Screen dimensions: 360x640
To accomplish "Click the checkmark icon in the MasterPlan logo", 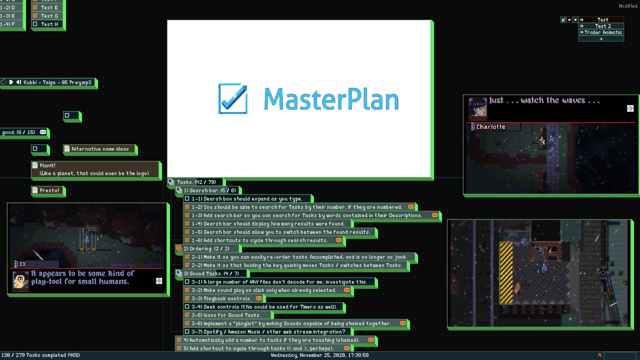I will [233, 99].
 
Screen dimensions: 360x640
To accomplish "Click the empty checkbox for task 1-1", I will [187, 199].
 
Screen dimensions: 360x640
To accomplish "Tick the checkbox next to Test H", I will [35, 24].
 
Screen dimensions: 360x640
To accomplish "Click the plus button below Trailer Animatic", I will [601, 39].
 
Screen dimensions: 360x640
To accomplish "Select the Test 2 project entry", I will [603, 26].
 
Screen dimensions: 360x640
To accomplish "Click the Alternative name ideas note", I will [100, 149].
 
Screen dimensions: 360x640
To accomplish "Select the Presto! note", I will [49, 190].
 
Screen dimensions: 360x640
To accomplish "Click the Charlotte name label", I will [491, 127].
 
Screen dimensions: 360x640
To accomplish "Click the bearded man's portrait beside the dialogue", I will [21, 280].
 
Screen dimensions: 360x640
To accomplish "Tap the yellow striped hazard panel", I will [506, 273].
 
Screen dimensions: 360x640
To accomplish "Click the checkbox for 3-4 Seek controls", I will [187, 307].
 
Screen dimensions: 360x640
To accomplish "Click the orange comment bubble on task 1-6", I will [339, 240].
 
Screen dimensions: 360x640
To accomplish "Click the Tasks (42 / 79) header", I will [196, 182].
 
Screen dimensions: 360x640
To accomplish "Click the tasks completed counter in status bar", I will [41, 355].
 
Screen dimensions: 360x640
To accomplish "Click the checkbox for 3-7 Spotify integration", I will [187, 332].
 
